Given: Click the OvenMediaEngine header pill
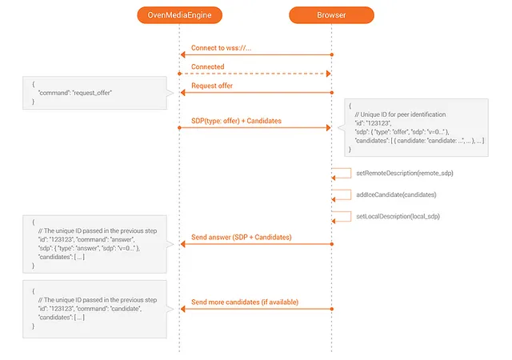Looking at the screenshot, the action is pyautogui.click(x=179, y=15).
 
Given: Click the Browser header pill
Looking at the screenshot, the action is pyautogui.click(x=331, y=15).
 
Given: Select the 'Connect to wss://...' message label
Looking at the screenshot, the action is pyautogui.click(x=221, y=48).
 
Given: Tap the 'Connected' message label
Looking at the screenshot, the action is pyautogui.click(x=208, y=66).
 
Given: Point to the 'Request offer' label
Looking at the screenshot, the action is pyautogui.click(x=212, y=86).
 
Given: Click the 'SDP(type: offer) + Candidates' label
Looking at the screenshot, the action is pyautogui.click(x=236, y=121).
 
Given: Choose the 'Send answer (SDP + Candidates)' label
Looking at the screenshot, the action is pyautogui.click(x=242, y=237).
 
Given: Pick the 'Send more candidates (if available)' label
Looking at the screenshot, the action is pyautogui.click(x=245, y=302).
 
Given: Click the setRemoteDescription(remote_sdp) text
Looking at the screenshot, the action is pyautogui.click(x=405, y=173).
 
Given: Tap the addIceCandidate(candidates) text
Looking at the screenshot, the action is pyautogui.click(x=396, y=194).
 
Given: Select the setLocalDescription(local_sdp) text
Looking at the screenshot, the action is pyautogui.click(x=398, y=216).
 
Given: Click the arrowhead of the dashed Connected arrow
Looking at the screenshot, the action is pyautogui.click(x=329, y=74).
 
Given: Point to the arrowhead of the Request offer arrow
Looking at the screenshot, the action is pyautogui.click(x=183, y=93).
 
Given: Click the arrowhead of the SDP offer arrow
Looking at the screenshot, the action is pyautogui.click(x=329, y=128).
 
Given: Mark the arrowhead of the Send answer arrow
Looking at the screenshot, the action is pyautogui.click(x=183, y=244).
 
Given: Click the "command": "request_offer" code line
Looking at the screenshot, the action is pyautogui.click(x=74, y=93).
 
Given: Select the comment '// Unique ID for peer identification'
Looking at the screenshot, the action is pyautogui.click(x=400, y=114).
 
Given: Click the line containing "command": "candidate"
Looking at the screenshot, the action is pyautogui.click(x=90, y=309).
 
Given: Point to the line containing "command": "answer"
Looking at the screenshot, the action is pyautogui.click(x=86, y=239).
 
